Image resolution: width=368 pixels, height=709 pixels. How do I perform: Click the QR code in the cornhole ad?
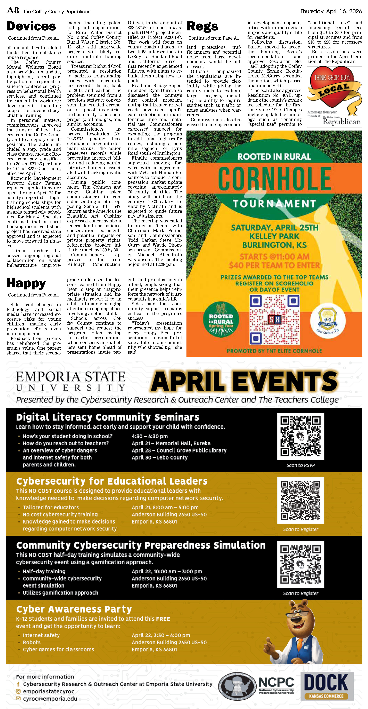pyautogui.click(x=274, y=320)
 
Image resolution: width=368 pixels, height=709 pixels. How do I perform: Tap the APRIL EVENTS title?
pyautogui.click(x=244, y=381)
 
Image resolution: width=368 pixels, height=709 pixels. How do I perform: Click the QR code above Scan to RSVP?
pyautogui.click(x=300, y=436)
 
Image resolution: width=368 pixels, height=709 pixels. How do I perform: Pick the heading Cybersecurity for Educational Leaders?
pyautogui.click(x=112, y=481)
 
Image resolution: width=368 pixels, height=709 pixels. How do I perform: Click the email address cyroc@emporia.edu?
pyautogui.click(x=50, y=699)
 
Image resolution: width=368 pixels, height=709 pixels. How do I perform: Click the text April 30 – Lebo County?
pyautogui.click(x=159, y=457)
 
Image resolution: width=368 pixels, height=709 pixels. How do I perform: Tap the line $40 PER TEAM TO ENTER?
pyautogui.click(x=274, y=265)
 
